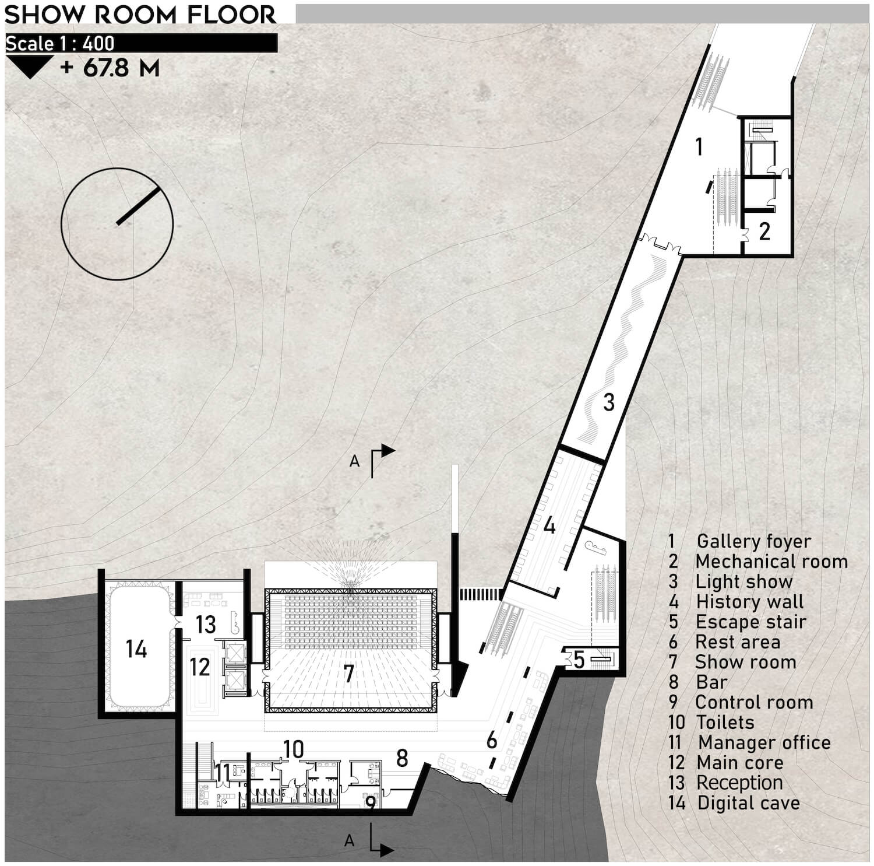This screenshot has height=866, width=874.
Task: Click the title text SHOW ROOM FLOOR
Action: click(140, 15)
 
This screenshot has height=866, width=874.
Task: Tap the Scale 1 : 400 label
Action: click(60, 44)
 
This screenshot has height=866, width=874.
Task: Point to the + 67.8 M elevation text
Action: click(110, 68)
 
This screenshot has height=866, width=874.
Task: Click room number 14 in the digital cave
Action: click(136, 649)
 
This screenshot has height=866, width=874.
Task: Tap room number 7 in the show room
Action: click(348, 674)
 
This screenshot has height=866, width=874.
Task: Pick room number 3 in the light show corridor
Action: click(609, 402)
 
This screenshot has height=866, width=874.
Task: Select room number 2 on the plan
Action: click(764, 232)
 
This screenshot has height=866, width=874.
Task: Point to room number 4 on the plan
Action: click(549, 526)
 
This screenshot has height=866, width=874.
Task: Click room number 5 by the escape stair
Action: click(579, 660)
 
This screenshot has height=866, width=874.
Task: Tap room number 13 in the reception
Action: click(206, 625)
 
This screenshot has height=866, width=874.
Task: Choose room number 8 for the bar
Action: click(401, 758)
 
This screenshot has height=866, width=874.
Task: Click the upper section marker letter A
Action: click(354, 461)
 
